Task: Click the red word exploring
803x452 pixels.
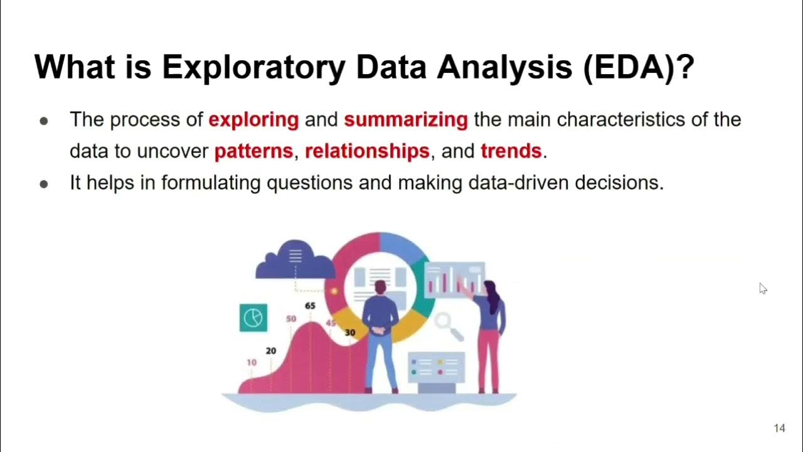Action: click(253, 119)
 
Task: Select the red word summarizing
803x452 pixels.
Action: click(406, 119)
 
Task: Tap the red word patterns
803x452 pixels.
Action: click(253, 151)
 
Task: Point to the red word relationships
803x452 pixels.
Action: click(367, 151)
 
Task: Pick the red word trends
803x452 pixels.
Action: click(511, 151)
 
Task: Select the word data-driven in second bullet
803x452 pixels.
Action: click(514, 183)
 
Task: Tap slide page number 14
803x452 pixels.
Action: click(779, 428)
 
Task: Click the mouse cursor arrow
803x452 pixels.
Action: click(762, 288)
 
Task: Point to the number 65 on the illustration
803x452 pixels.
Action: click(310, 306)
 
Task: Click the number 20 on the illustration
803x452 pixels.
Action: click(270, 351)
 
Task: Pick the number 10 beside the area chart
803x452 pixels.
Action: click(252, 362)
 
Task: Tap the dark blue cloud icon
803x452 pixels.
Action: click(294, 260)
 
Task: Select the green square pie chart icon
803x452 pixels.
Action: click(253, 318)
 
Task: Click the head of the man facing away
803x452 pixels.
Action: click(380, 288)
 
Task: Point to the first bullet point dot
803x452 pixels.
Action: click(44, 121)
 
